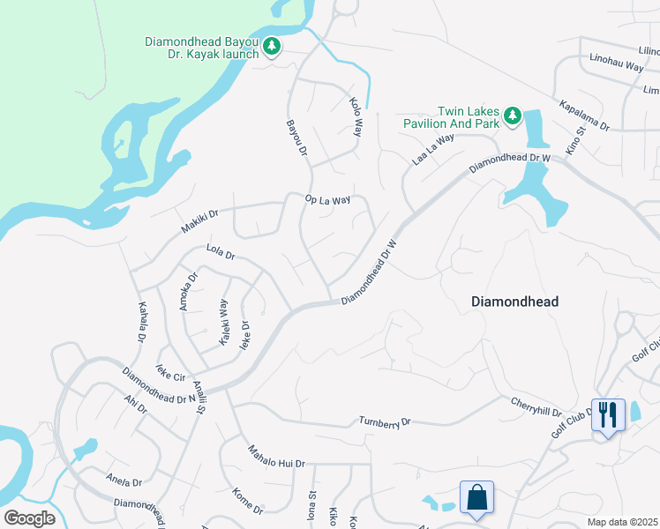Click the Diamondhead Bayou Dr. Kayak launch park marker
click(273, 46)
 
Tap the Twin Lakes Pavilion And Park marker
click(512, 115)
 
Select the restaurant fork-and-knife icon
click(607, 414)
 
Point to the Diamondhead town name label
click(514, 302)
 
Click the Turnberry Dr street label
click(385, 422)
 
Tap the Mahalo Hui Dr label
click(275, 463)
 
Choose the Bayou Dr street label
click(295, 139)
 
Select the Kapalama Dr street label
click(584, 115)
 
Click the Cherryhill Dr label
click(536, 406)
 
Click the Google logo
click(29, 518)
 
